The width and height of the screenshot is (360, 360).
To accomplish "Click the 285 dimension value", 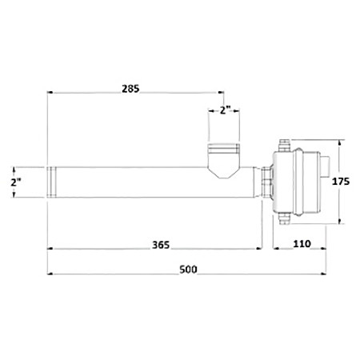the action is coord(130,89).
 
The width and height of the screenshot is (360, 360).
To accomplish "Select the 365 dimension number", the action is coord(161,245).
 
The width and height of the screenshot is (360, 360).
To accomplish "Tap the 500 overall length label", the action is coord(188,270).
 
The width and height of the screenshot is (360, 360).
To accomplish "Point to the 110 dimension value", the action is coord(302,244).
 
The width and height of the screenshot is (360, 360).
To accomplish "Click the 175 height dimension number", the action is coord(341,182).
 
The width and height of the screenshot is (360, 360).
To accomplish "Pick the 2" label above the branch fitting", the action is coord(225,110).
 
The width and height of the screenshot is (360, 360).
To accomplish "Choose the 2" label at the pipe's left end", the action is coord(16,182).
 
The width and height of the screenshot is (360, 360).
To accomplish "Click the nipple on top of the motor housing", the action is coord(284,145).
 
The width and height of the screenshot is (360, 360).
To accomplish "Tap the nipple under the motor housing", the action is coord(284,219).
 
